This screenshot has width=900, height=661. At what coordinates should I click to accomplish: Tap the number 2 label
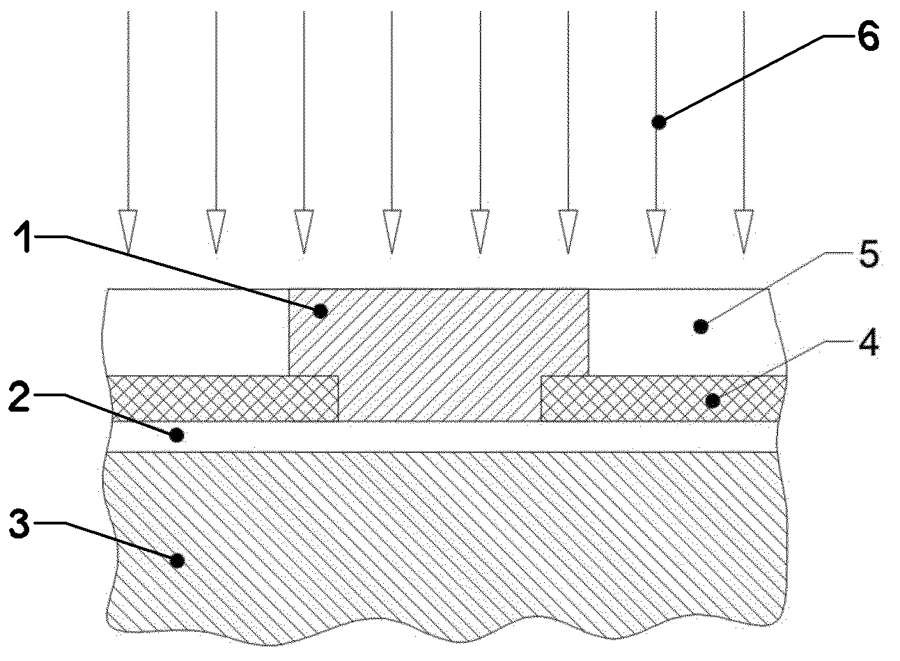(x=20, y=397)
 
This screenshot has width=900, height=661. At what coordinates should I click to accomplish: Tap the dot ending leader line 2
(x=177, y=435)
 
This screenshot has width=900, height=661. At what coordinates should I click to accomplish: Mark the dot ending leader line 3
(x=178, y=559)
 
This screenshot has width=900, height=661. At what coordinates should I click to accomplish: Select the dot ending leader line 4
(x=713, y=400)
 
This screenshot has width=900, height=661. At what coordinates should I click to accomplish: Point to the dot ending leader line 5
(x=703, y=325)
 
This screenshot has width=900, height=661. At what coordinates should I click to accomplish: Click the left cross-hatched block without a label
(x=224, y=398)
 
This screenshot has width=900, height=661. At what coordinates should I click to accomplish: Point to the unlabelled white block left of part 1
(x=199, y=332)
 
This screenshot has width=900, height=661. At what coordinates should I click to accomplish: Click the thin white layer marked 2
(x=446, y=437)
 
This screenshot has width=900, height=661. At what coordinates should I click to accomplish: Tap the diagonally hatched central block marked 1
(x=439, y=348)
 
